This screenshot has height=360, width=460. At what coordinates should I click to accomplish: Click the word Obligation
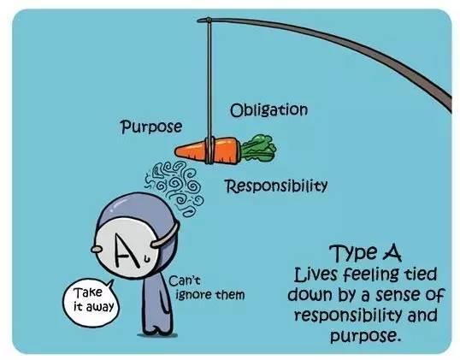pos(269,110)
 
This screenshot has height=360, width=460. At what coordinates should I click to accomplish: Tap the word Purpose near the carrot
pos(151,127)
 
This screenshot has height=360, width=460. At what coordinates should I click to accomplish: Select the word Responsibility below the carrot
pos(276,186)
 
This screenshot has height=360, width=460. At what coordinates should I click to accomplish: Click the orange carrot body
pos(208,150)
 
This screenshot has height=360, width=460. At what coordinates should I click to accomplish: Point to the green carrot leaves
pos(258,148)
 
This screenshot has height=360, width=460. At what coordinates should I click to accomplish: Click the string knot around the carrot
pos(209,150)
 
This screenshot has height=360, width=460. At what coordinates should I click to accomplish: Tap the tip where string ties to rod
pos(209,21)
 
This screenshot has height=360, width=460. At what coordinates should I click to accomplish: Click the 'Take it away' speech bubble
pos(91,302)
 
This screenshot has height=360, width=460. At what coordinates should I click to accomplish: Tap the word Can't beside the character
pos(185,280)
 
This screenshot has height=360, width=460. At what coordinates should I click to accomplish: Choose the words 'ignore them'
pos(210,294)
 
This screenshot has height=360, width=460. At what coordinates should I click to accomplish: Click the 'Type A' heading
pos(365,252)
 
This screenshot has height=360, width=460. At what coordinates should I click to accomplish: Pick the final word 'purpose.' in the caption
pos(366,336)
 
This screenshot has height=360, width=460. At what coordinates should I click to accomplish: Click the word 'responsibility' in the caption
pos(349,316)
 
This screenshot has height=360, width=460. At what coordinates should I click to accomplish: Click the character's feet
pos(156,332)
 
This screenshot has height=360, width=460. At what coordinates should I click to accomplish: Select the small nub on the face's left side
pos(97,249)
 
